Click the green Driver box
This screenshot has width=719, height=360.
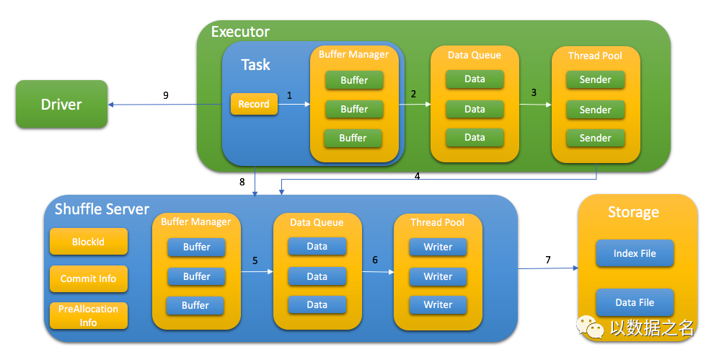[x=61, y=104]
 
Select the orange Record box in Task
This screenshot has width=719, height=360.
[x=254, y=104]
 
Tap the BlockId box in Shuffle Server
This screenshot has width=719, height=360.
[x=88, y=242]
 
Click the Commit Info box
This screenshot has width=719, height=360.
[x=88, y=278]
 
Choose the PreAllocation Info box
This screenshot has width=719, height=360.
[x=88, y=315]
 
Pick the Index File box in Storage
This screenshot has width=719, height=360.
[x=635, y=253]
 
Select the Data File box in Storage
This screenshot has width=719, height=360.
[x=635, y=302]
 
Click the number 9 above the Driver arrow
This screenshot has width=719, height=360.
[x=166, y=95]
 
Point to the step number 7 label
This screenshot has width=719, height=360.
[x=548, y=260]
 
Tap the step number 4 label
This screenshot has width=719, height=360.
[x=417, y=176]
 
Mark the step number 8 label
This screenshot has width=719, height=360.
[x=242, y=182]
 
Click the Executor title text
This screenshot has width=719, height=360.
[x=240, y=32]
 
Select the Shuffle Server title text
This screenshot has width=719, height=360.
[x=102, y=209]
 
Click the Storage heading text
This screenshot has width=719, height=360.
[x=633, y=212]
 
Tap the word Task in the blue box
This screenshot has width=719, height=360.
[x=255, y=65]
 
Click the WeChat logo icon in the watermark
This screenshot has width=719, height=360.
[x=590, y=327]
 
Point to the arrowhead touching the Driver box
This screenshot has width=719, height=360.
[x=110, y=105]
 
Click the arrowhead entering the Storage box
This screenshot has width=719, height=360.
[x=575, y=268]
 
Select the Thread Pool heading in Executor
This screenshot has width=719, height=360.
[x=595, y=56]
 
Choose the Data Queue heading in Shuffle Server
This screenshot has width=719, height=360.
[x=317, y=222]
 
